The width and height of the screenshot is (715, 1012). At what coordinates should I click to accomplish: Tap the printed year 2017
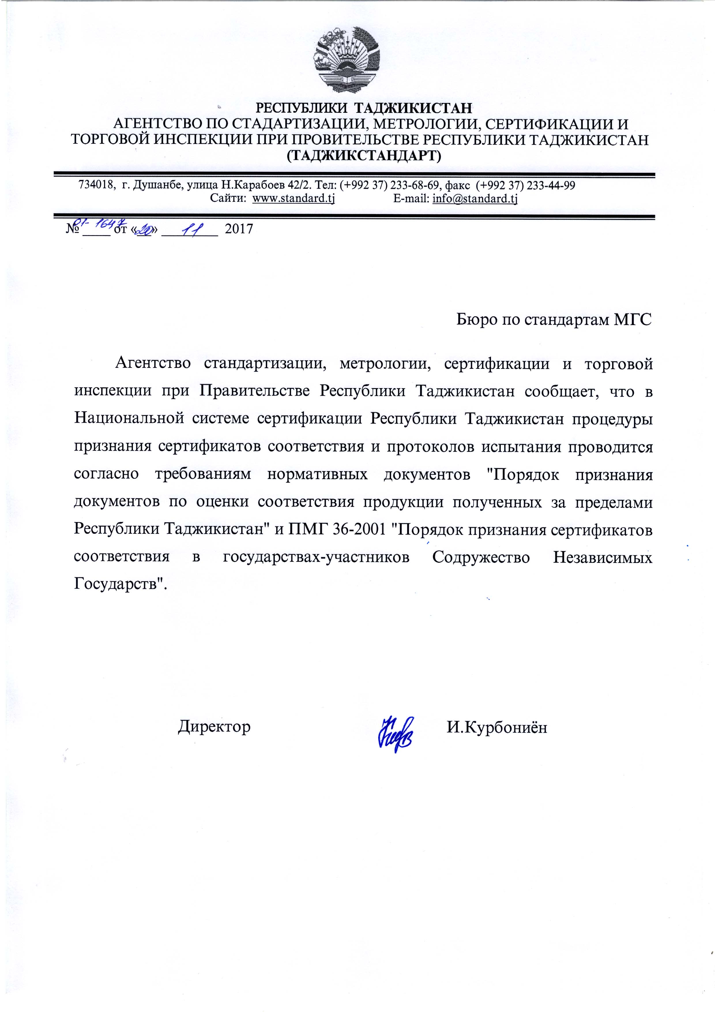(x=239, y=229)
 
